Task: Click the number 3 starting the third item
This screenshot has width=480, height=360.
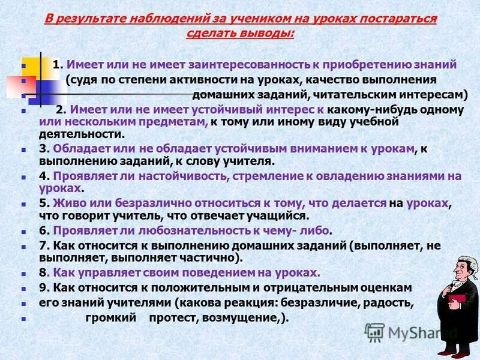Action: click(x=42, y=148)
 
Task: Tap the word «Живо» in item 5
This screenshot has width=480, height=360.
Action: click(x=67, y=203)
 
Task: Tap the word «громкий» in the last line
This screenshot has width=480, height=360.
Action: click(x=100, y=318)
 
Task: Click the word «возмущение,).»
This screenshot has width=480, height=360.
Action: click(x=253, y=318)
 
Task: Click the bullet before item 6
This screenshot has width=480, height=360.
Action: click(x=22, y=231)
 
